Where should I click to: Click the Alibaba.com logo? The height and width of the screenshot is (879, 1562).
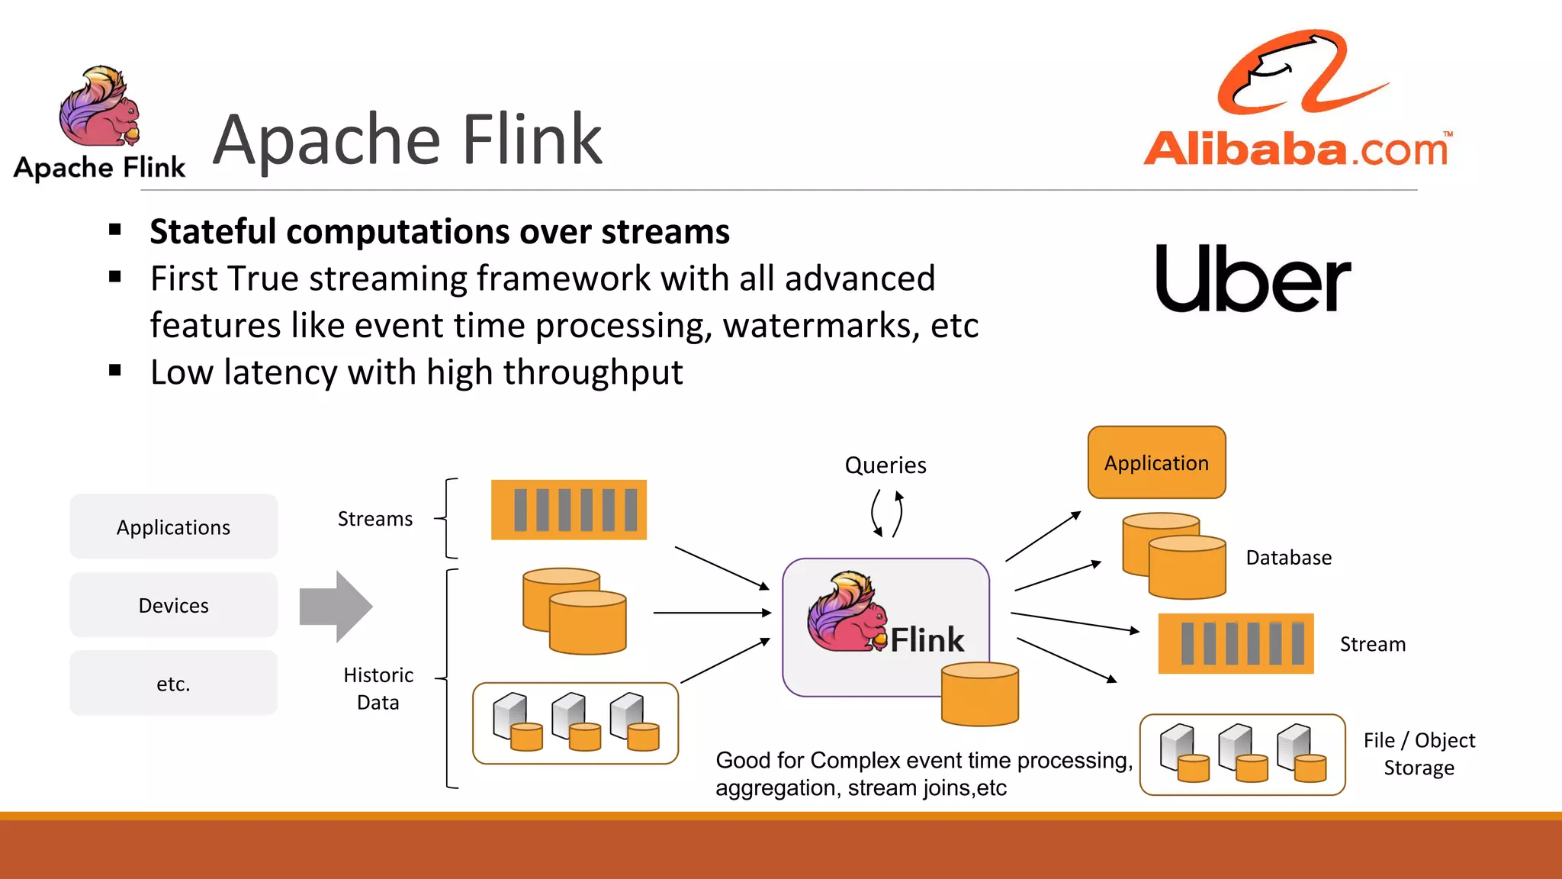point(1297,99)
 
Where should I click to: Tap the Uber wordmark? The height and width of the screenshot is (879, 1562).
point(1252,279)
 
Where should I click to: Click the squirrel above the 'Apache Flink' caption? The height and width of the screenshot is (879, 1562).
point(99,107)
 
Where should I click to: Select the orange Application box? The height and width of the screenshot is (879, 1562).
point(1156,462)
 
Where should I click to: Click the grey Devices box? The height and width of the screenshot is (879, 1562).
point(173,605)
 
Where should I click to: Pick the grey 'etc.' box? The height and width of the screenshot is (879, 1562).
point(173,683)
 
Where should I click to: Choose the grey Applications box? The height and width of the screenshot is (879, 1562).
point(173,526)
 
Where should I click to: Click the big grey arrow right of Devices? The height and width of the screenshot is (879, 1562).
point(336,607)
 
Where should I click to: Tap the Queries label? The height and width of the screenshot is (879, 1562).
point(885,465)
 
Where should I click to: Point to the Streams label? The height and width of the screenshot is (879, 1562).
point(374,519)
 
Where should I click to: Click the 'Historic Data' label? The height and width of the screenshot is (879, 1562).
point(378,688)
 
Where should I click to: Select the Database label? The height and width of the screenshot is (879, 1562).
point(1288,558)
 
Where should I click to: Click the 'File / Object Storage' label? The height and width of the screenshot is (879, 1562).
point(1419,754)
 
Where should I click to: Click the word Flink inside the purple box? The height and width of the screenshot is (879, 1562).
point(927,639)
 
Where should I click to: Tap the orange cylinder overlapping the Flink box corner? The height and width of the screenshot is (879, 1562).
point(979,694)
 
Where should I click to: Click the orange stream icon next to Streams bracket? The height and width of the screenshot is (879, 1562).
point(568,510)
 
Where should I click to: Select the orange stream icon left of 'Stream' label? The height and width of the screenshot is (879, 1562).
point(1236,643)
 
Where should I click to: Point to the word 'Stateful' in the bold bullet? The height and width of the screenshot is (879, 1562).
point(213,232)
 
